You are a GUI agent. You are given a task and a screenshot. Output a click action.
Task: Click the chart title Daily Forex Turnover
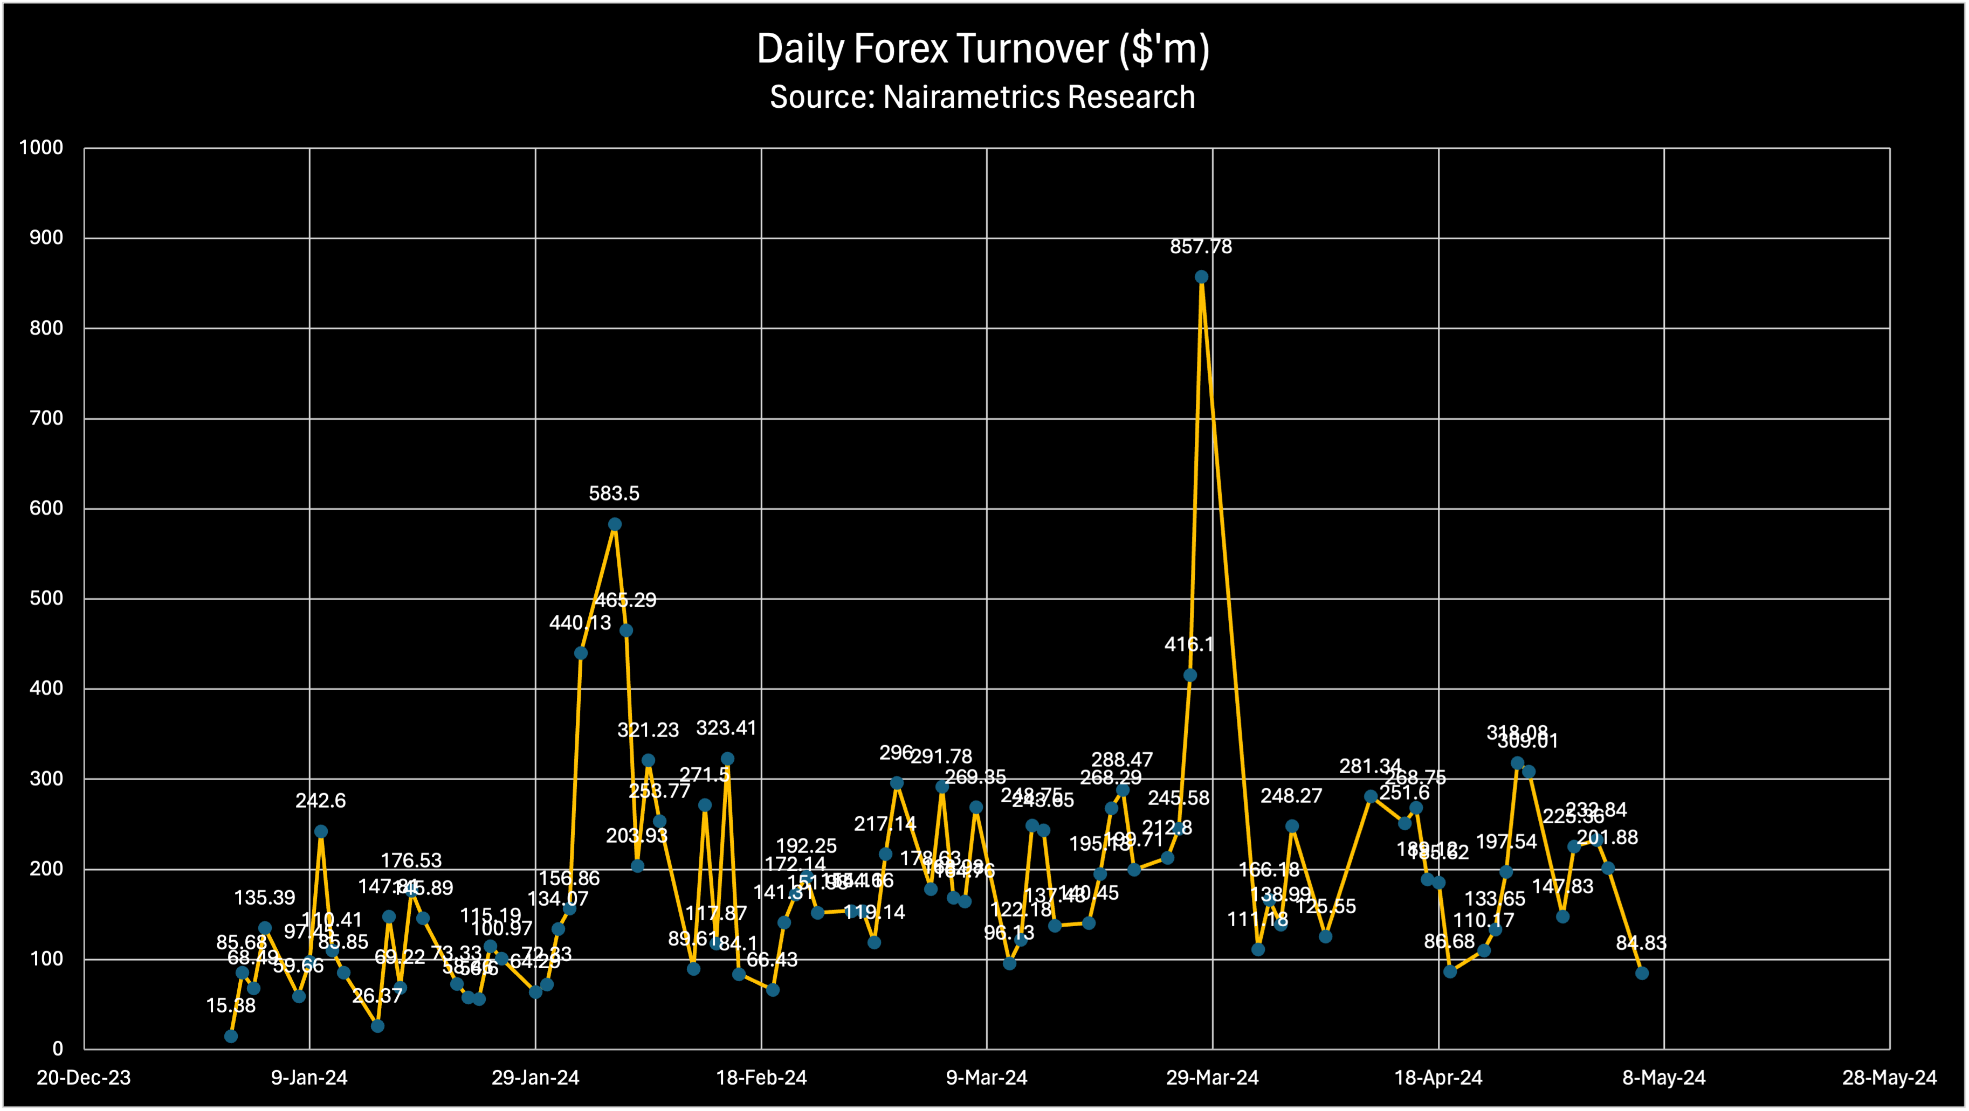[983, 49]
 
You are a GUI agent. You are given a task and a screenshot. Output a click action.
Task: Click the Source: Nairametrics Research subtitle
[982, 97]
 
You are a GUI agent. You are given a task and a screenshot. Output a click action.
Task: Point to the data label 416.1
[1189, 644]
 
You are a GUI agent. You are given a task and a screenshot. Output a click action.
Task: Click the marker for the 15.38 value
[231, 1036]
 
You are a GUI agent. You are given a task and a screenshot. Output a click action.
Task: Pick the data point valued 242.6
[321, 831]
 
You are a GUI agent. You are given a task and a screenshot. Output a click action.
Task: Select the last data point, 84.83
[1642, 973]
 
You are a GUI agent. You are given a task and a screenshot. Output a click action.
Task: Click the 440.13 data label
[580, 623]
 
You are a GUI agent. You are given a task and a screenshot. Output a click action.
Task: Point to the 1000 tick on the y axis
[42, 148]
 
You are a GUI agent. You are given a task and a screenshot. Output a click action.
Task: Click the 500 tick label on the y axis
[46, 598]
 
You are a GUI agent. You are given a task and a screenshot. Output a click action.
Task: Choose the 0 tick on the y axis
[57, 1049]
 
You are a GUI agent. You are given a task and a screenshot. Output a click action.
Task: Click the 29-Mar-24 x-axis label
[1212, 1078]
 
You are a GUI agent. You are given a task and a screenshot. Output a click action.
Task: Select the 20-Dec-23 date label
[84, 1078]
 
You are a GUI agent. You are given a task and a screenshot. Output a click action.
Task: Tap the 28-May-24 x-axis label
[1890, 1078]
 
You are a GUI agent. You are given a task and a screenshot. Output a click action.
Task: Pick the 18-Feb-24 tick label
[761, 1078]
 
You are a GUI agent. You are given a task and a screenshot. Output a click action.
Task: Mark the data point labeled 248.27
[1292, 826]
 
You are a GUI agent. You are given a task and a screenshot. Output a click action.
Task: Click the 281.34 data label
[1371, 766]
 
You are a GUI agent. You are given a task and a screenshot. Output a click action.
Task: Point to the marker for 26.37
[377, 1025]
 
